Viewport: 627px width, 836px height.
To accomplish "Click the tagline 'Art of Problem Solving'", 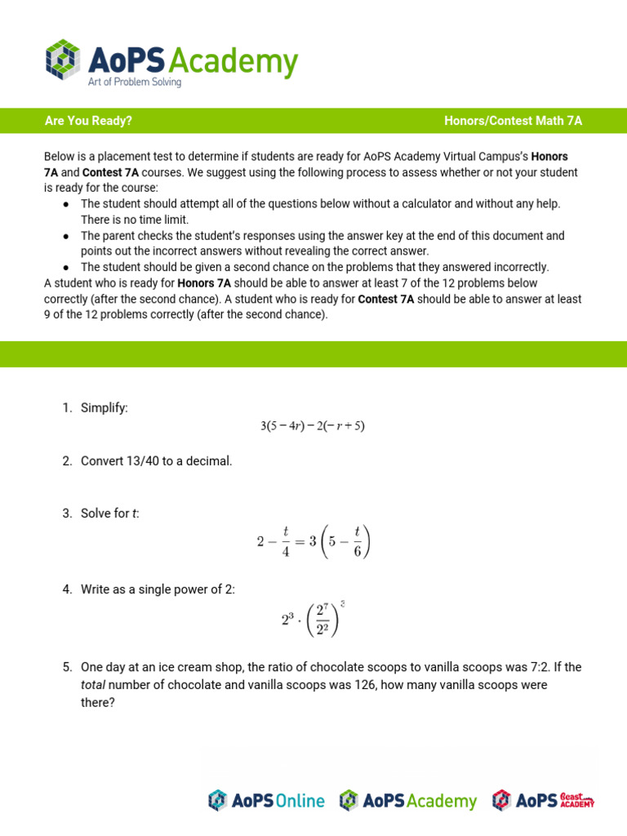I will pos(135,82).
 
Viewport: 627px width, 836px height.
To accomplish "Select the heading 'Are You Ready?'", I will pos(88,121).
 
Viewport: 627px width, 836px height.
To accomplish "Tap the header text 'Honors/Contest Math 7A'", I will pos(513,121).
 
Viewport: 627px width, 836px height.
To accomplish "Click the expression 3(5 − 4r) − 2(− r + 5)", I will pos(312,426).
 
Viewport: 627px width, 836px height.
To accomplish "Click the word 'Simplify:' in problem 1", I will pos(104,407).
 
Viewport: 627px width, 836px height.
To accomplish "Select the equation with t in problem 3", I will pos(313,541).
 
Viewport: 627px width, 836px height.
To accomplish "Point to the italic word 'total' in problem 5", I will pos(93,684).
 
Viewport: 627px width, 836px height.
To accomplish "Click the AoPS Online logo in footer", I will pos(266,801).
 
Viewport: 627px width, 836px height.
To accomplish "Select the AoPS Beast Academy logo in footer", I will pos(543,801).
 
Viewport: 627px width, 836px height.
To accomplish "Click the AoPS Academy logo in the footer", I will pos(408,801).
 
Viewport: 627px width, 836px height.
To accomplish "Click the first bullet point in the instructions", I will pos(66,204).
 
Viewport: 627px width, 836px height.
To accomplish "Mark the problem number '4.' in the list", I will pos(68,589).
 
